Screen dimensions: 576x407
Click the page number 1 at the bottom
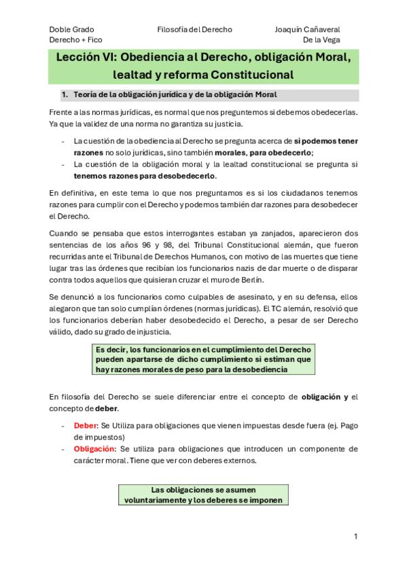point(355,537)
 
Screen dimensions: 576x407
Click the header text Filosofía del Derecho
point(194,30)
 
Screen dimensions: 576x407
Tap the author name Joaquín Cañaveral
point(307,30)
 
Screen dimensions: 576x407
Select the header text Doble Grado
point(72,30)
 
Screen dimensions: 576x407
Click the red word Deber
point(86,426)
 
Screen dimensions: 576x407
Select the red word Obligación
point(94,449)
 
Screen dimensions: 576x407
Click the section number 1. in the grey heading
point(65,94)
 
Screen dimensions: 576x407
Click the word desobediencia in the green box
point(256,370)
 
